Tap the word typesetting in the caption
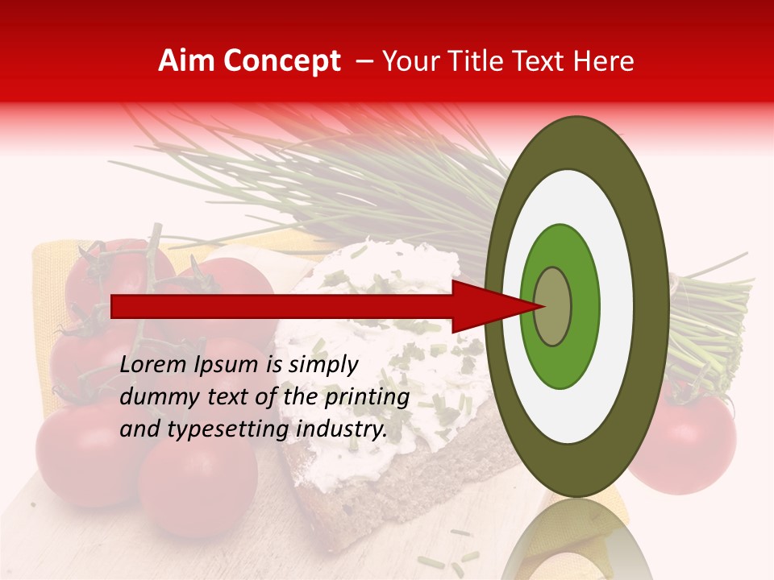(232, 430)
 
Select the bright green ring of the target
(560, 362)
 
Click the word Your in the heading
(408, 61)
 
